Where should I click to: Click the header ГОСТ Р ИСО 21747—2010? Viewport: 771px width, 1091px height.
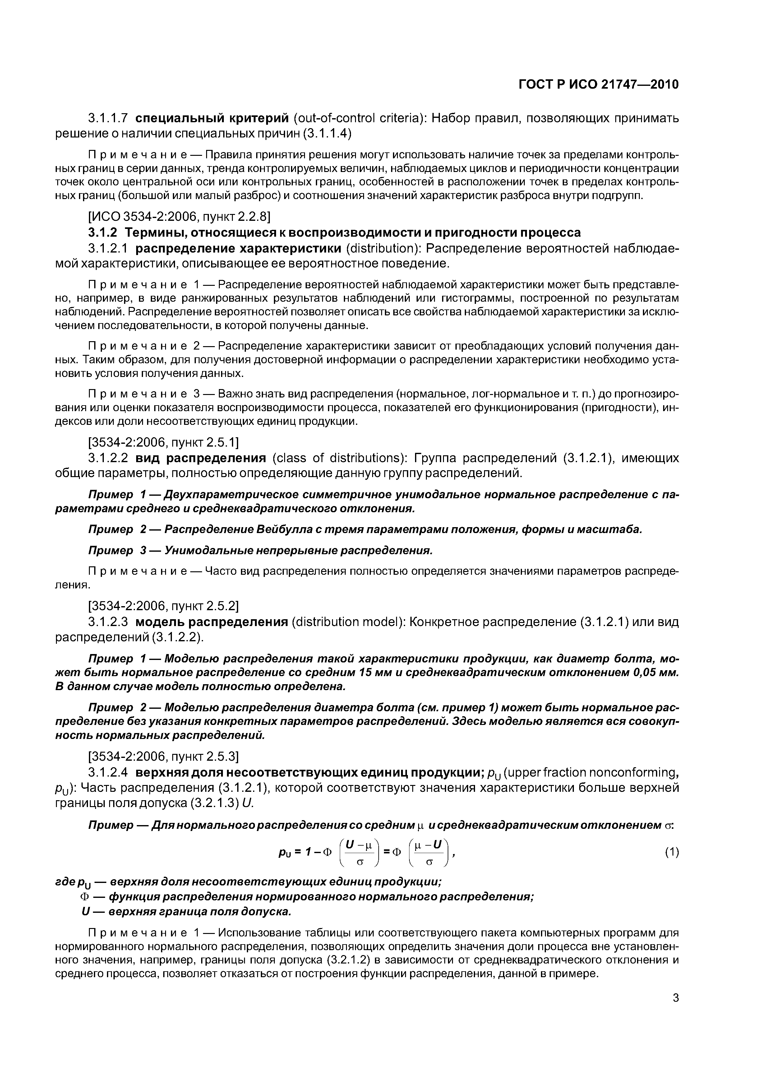(598, 85)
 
